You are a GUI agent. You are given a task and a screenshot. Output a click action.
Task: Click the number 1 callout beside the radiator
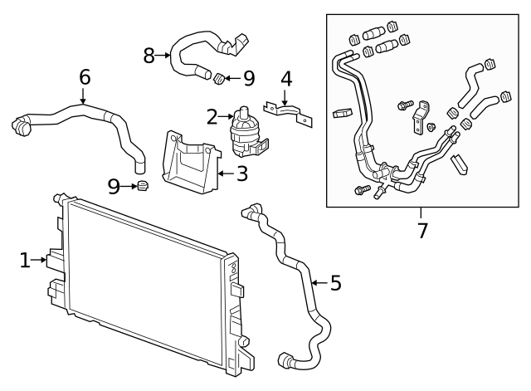click(26, 261)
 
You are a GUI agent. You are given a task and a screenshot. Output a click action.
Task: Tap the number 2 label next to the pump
click(212, 117)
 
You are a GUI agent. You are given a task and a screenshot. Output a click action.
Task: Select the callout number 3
click(241, 174)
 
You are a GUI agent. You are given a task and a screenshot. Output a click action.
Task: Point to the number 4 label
click(286, 81)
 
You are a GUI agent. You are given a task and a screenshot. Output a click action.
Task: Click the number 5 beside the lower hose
click(335, 283)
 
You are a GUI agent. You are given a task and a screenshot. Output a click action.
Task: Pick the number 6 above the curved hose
click(84, 77)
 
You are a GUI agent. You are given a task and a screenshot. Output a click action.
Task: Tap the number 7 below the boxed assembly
click(422, 230)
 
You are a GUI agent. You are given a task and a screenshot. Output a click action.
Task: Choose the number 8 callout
click(149, 56)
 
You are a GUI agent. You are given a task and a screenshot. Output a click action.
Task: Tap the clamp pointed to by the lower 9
click(143, 186)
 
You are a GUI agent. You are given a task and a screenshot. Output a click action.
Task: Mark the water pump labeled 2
click(245, 130)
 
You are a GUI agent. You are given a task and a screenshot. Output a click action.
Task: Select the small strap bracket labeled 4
click(285, 110)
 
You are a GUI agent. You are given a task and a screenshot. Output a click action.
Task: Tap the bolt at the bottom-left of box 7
click(360, 190)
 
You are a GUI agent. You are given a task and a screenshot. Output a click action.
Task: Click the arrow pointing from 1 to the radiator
click(40, 261)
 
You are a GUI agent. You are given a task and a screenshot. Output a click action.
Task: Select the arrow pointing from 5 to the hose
click(318, 283)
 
